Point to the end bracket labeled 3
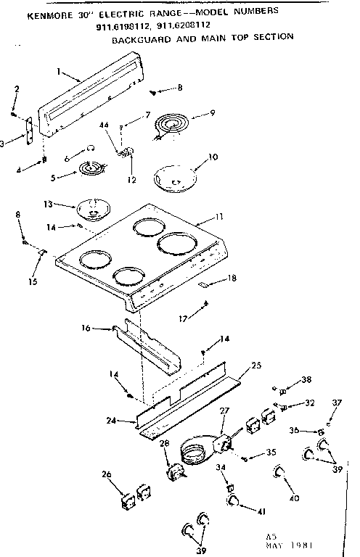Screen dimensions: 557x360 pyautogui.click(x=29, y=135)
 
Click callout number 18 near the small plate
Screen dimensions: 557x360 pyautogui.click(x=232, y=278)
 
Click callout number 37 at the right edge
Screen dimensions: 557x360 pyautogui.click(x=336, y=403)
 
